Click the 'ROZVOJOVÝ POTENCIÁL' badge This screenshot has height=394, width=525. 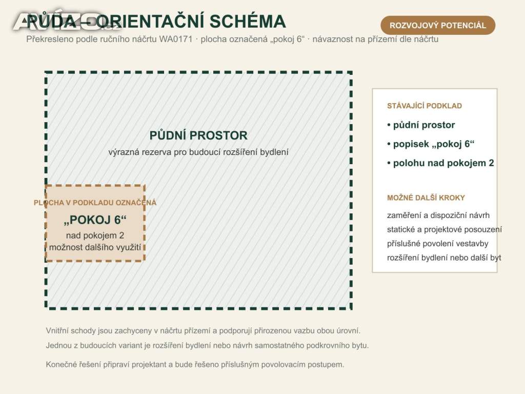(x=438, y=25)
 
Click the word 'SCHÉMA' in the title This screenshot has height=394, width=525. (x=248, y=22)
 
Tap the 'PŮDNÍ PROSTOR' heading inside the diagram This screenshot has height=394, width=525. (x=198, y=135)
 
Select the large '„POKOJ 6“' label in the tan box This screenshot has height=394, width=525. (x=95, y=220)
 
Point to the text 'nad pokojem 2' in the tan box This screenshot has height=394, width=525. (x=95, y=235)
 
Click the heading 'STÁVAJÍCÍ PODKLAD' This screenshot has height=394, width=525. (x=425, y=106)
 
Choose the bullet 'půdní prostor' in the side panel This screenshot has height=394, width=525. (x=421, y=125)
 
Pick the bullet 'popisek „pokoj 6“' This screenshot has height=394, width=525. (x=431, y=144)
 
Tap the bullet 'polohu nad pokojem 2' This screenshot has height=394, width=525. (x=440, y=163)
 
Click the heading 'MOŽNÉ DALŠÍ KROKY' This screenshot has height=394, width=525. (x=426, y=198)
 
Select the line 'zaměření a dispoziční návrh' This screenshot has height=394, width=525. (x=438, y=215)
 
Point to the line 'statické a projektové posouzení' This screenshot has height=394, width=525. (x=445, y=229)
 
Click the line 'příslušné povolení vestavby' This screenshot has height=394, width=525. (x=438, y=244)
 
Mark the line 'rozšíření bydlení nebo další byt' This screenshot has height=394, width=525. (x=444, y=258)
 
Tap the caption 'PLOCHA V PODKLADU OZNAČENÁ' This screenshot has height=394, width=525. (x=95, y=203)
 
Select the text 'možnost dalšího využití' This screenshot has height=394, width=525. (x=95, y=247)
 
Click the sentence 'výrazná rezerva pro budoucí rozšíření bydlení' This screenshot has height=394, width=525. (x=198, y=152)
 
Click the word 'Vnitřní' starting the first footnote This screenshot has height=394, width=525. (x=57, y=331)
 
